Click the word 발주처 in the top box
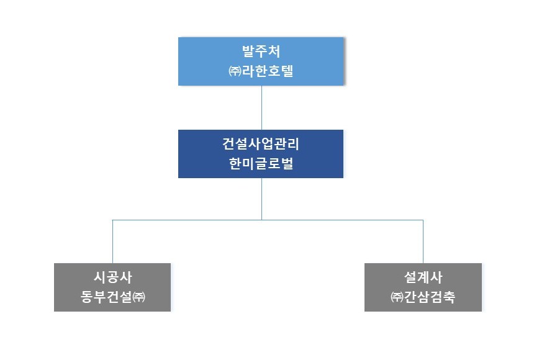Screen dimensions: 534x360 tap(261, 52)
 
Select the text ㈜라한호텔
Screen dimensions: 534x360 tap(261, 71)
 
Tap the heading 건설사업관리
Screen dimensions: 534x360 tap(261, 144)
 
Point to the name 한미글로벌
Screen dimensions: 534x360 tap(261, 163)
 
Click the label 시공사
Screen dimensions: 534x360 tap(113, 277)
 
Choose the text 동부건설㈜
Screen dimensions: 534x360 tap(113, 297)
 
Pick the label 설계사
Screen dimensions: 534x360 tap(423, 277)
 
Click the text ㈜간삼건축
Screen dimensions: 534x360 tap(423, 297)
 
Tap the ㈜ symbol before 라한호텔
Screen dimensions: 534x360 tap(235, 71)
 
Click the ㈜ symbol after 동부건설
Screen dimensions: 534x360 tap(139, 297)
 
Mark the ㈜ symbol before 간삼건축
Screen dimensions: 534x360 tap(397, 297)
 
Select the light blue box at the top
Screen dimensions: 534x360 tap(261, 61)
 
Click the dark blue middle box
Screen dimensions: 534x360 tap(261, 153)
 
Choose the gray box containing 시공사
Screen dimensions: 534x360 tap(112, 287)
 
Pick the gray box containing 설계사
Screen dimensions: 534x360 tap(423, 287)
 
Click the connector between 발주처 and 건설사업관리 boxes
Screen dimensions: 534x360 tap(261, 107)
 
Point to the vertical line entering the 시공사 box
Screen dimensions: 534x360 tap(113, 241)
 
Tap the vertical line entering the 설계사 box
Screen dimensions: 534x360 tap(423, 241)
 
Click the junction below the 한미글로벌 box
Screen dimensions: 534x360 tap(261, 220)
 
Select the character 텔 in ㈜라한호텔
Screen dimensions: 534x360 tap(287, 71)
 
